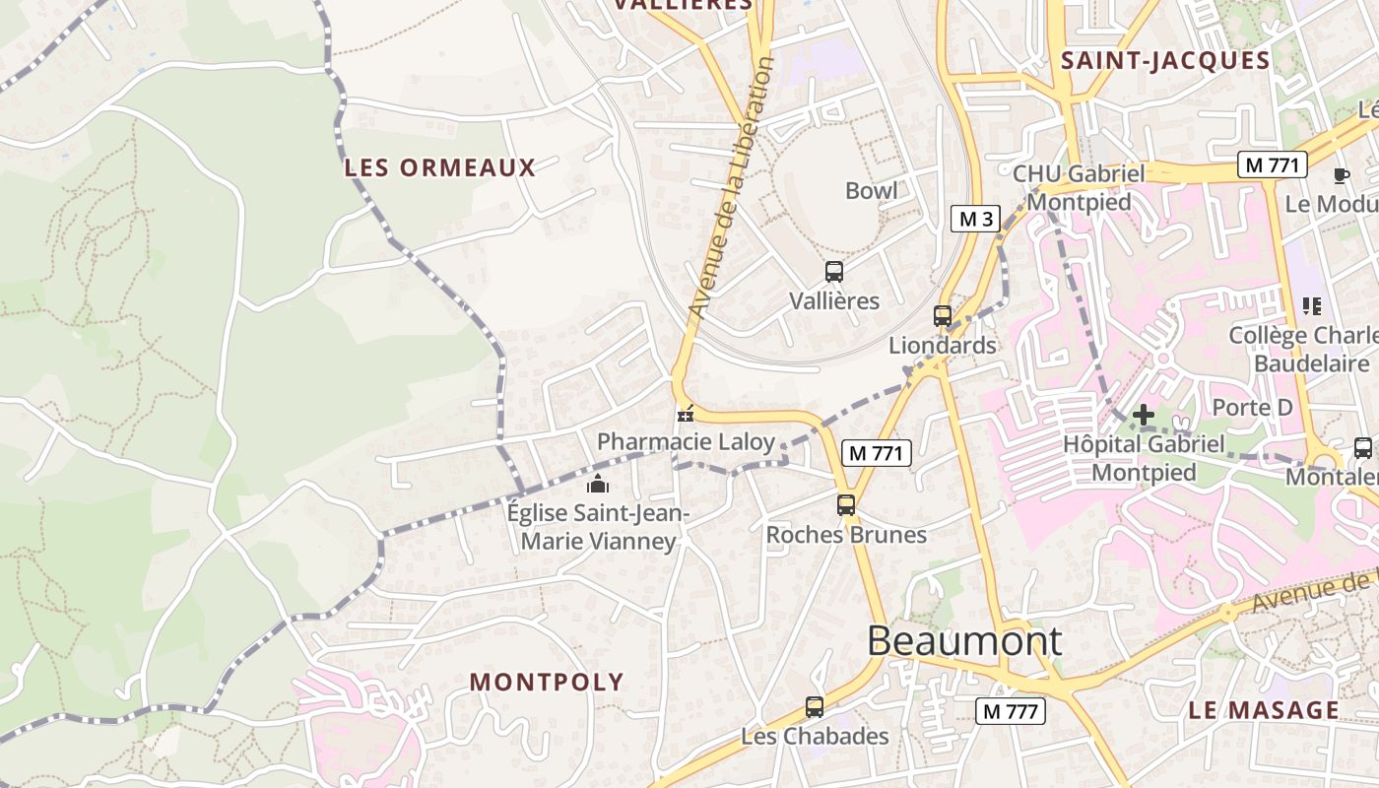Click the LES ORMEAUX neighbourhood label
pos(439,167)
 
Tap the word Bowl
pos(871,190)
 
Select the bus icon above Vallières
pos(833,272)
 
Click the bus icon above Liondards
pos(943,316)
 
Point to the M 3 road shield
pos(975,219)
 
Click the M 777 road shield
pos(1010,710)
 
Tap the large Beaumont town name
pos(964,641)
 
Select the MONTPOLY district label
pos(547,682)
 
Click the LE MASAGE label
pos(1263,710)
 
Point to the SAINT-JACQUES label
pos(1165,61)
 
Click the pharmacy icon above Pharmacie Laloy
pos(685,415)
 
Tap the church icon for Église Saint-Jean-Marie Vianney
pos(597,484)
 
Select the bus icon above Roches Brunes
pos(845,505)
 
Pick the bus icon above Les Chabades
pos(814,706)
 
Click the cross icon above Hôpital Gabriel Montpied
pos(1143,416)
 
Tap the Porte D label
pos(1251,407)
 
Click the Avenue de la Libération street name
pos(731,187)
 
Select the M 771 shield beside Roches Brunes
pos(876,453)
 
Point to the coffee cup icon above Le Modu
pos(1341,176)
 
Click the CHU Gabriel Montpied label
pos(1079,187)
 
